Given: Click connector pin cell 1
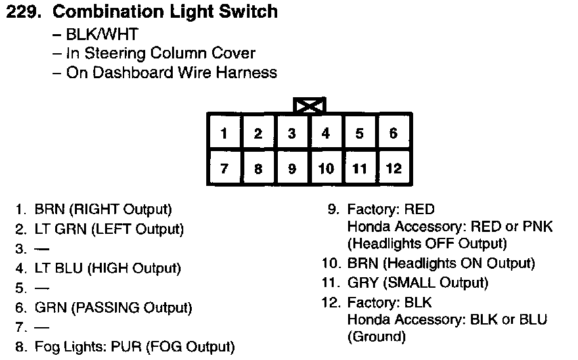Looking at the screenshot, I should pyautogui.click(x=224, y=133).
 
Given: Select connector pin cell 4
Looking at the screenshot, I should pyautogui.click(x=326, y=133).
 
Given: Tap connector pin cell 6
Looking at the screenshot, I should pyautogui.click(x=393, y=133).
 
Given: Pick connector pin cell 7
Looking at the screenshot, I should pyautogui.click(x=224, y=168).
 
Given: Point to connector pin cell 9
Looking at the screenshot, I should pyautogui.click(x=292, y=168).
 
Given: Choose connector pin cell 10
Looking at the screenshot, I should pyautogui.click(x=326, y=168).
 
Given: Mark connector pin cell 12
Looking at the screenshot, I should pyautogui.click(x=393, y=168).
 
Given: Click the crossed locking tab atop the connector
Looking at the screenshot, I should pyautogui.click(x=309, y=105).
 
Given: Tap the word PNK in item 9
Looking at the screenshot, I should pyautogui.click(x=539, y=227).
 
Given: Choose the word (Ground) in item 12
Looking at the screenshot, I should pyautogui.click(x=376, y=337).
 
